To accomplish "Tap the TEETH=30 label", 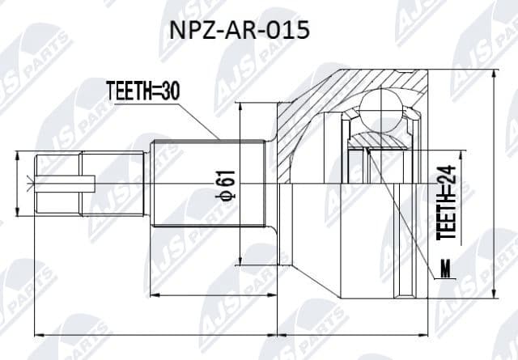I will pyautogui.click(x=144, y=91).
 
